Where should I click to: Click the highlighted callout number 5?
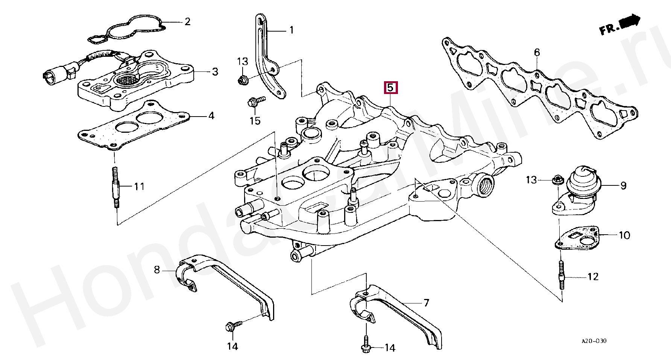click(x=390, y=88)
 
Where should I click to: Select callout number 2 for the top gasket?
click(x=187, y=21)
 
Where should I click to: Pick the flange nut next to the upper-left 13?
click(x=242, y=80)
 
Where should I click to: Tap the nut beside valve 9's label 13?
click(x=556, y=181)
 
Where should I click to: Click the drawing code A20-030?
click(x=594, y=341)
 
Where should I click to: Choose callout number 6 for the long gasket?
click(x=537, y=53)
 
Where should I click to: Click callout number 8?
click(x=157, y=269)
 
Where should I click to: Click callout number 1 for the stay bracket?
click(x=291, y=30)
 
